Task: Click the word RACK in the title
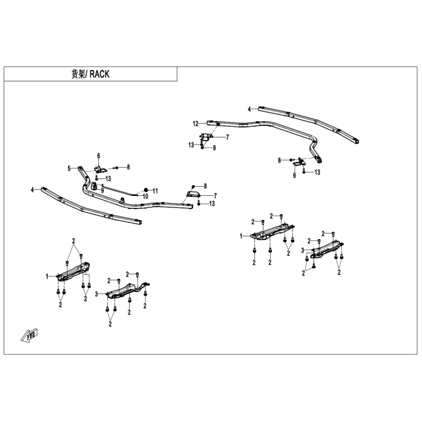pyautogui.click(x=99, y=74)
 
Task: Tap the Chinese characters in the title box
pyautogui.click(x=78, y=74)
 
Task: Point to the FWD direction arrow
pyautogui.click(x=29, y=335)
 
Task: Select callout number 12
pyautogui.click(x=195, y=124)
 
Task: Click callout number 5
pyautogui.click(x=69, y=169)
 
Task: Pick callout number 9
pyautogui.click(x=102, y=191)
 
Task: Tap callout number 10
pyautogui.click(x=145, y=197)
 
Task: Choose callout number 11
pyautogui.click(x=156, y=191)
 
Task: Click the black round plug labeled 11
pyautogui.click(x=146, y=190)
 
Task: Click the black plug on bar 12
pyautogui.click(x=218, y=124)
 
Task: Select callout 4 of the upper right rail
pyautogui.click(x=249, y=109)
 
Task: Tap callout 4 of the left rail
pyautogui.click(x=33, y=190)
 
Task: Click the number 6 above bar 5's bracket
pyautogui.click(x=98, y=156)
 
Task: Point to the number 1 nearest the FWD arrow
pyautogui.click(x=47, y=276)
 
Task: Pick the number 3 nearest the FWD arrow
pyautogui.click(x=96, y=294)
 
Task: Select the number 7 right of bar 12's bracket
pyautogui.click(x=227, y=137)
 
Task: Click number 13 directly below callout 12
pyautogui.click(x=191, y=145)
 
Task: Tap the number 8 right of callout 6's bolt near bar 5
pyautogui.click(x=128, y=167)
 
